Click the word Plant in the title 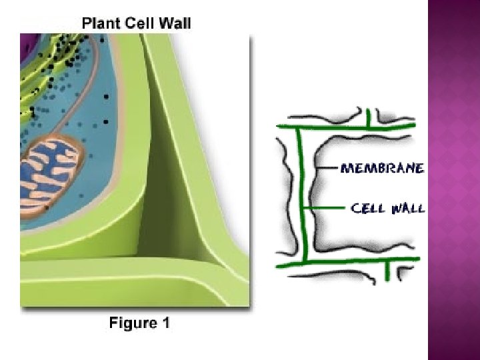pos(101,24)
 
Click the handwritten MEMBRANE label pos(382,168)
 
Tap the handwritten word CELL pos(369,209)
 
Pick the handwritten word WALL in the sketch pos(408,209)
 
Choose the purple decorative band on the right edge pos(453,180)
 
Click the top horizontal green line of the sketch pos(347,125)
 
